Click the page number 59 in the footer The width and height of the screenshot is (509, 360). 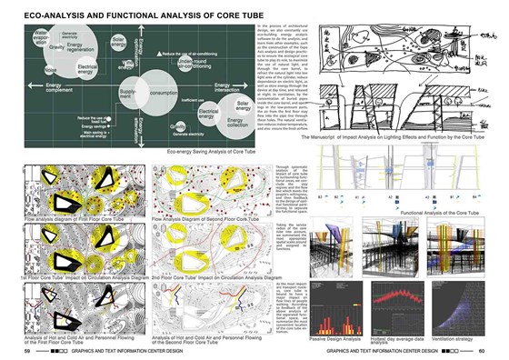pos(28,351)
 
